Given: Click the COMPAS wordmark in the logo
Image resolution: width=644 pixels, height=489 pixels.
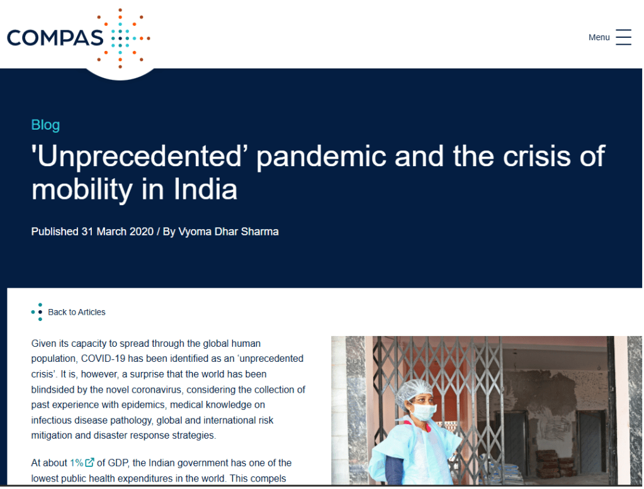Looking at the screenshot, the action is pos(55,38).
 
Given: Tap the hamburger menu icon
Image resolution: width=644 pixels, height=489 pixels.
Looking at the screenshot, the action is pos(623,37).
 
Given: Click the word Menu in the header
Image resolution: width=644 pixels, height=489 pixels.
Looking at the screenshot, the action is pos(599,37).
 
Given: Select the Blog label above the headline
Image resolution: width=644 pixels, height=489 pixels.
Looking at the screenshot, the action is pos(45,125).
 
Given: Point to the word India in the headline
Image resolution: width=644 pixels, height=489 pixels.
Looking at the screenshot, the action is pos(205,189).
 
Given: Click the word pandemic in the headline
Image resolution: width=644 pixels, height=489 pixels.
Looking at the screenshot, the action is pos(321,157).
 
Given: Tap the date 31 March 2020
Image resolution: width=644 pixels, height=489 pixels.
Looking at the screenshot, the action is pos(118,232).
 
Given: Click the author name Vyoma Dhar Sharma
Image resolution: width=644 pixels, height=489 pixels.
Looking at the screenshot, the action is pos(229,232).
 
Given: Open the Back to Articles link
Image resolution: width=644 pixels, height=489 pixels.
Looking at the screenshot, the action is pos(76,312).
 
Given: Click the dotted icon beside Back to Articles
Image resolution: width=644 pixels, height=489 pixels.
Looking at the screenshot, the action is pos(37,312).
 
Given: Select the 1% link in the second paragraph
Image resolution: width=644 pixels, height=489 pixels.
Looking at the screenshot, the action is pos(76,463).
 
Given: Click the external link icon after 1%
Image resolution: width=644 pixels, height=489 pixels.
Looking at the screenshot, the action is pos(89,463).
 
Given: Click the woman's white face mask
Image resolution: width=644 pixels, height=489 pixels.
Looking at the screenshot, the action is pos(423,412).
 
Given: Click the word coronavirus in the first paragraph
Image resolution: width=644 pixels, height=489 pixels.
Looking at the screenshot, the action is pos(157,390).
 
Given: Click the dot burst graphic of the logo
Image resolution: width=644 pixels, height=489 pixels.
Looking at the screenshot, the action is pos(123,38).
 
